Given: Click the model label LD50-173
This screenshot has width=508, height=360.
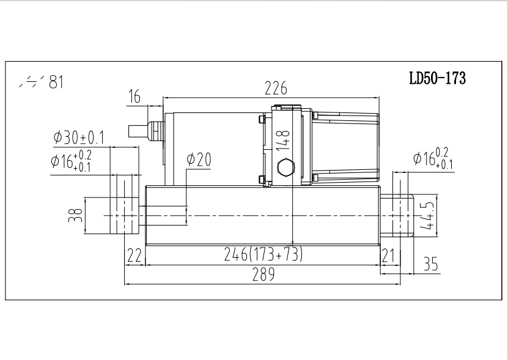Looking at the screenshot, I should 438,78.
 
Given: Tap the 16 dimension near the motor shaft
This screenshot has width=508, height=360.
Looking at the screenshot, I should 134,97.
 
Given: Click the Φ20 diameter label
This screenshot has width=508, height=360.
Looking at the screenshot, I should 199,160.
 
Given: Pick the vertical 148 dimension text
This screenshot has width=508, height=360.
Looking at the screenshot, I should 282,140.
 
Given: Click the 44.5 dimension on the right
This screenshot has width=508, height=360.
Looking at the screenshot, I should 429,216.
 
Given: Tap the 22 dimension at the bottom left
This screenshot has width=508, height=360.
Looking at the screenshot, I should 134,255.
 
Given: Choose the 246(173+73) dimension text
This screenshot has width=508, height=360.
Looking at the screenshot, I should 262,255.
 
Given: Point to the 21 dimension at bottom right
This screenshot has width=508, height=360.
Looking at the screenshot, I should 388,255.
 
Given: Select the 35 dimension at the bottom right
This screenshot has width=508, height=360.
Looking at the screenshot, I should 432,264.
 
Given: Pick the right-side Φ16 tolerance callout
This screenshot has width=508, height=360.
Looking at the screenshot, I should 433,159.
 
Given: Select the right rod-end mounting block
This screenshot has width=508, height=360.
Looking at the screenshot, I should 400,216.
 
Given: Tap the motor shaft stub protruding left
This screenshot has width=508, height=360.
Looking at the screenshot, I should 138,131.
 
